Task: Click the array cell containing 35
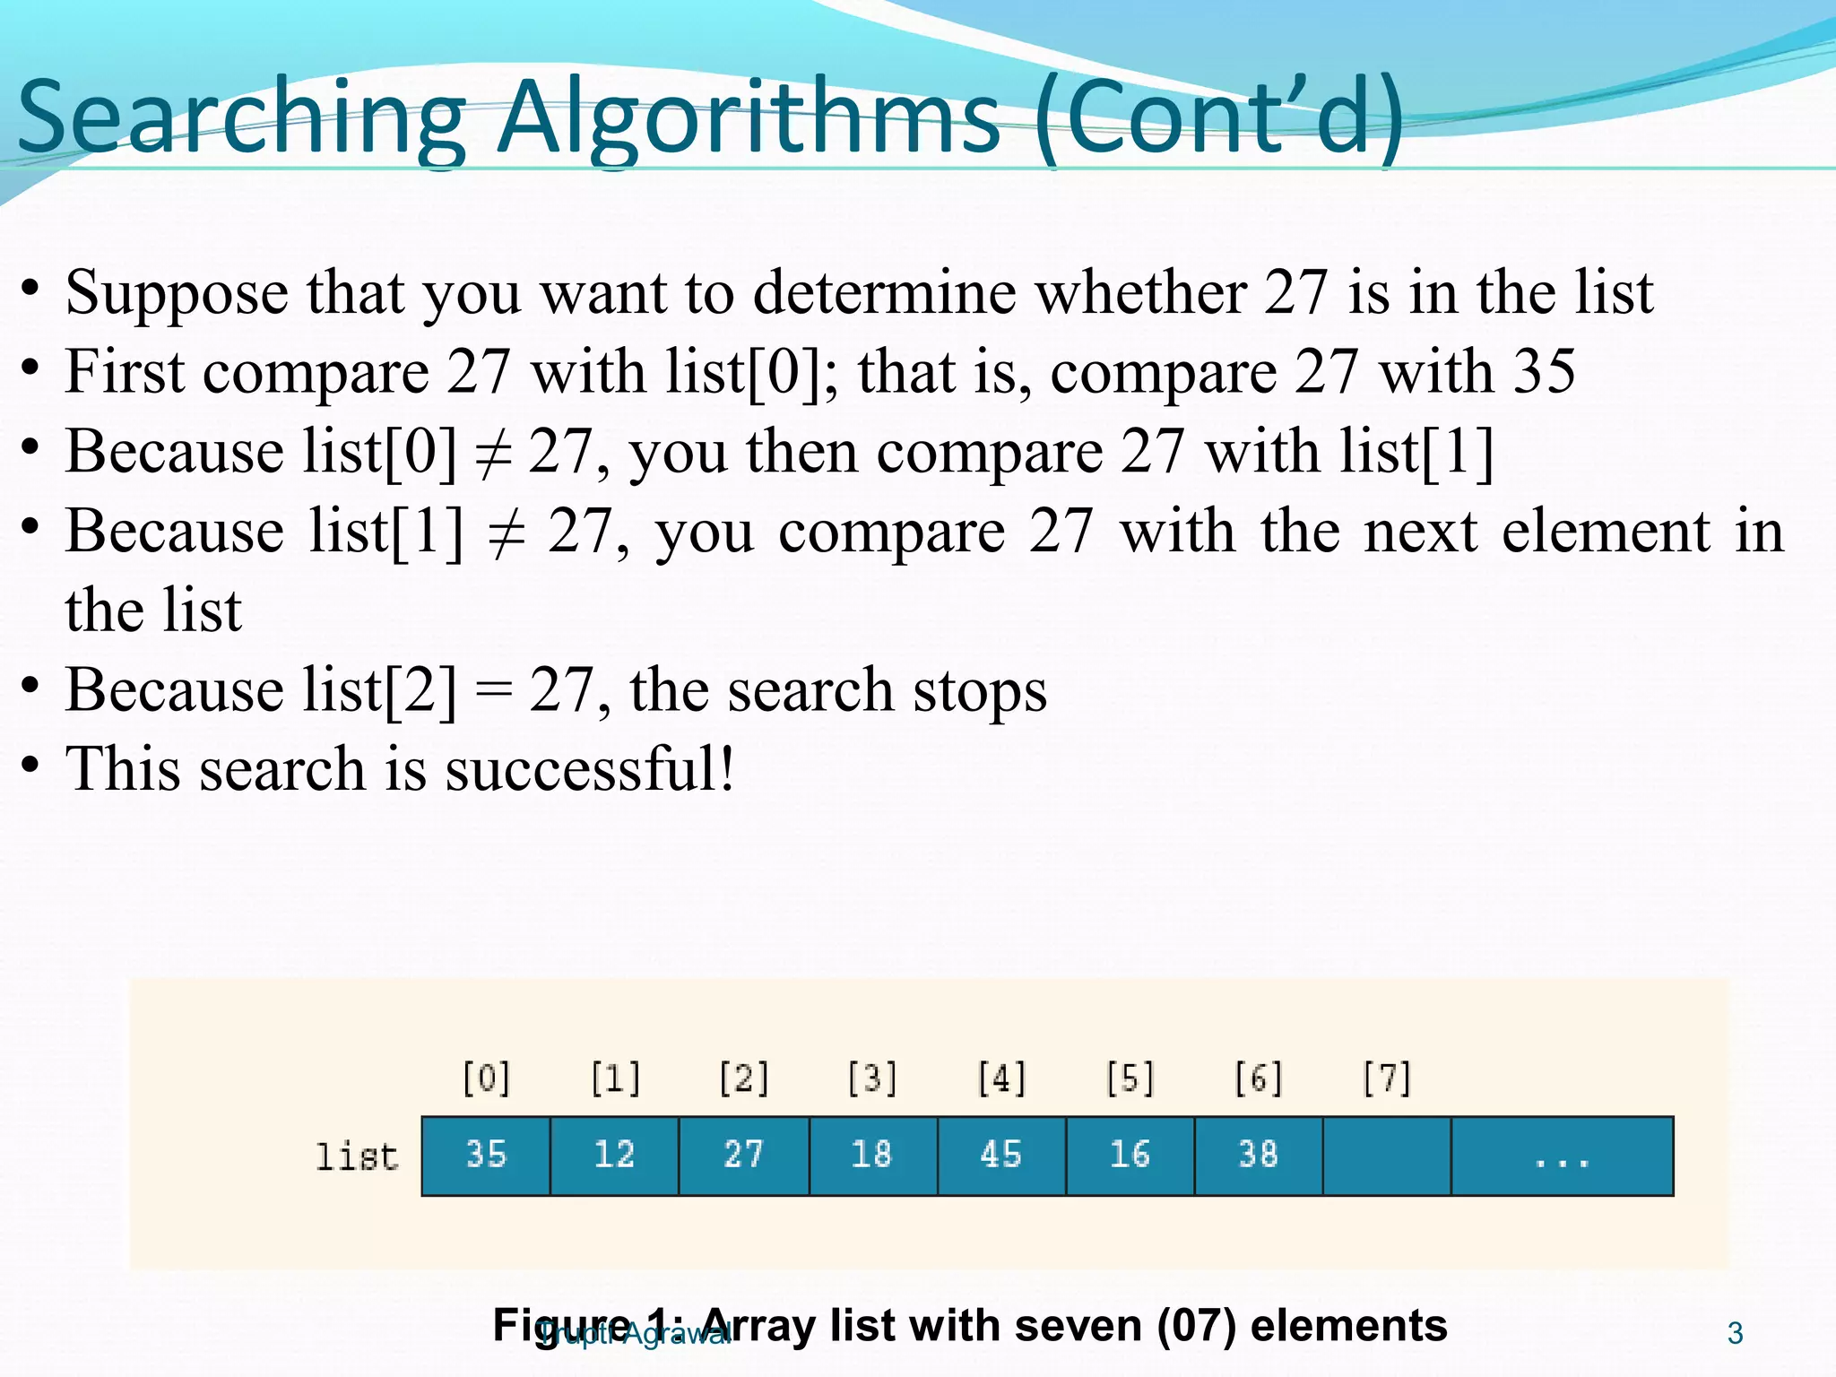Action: tap(486, 1156)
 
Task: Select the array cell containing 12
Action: tap(614, 1156)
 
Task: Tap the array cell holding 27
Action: tap(743, 1156)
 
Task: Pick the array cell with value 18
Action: tap(872, 1156)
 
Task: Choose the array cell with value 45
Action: tap(1001, 1156)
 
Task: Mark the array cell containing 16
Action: tap(1130, 1156)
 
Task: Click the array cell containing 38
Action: tap(1258, 1156)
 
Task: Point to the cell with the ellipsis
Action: tap(1562, 1156)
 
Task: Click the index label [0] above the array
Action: tap(486, 1078)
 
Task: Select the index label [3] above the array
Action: tap(872, 1078)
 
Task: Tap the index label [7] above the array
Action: tap(1387, 1078)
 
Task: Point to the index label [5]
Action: tap(1130, 1078)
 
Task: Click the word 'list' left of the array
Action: tap(356, 1156)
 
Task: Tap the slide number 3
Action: tap(1735, 1334)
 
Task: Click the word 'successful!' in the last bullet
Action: tap(590, 769)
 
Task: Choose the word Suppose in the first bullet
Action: tap(177, 293)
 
